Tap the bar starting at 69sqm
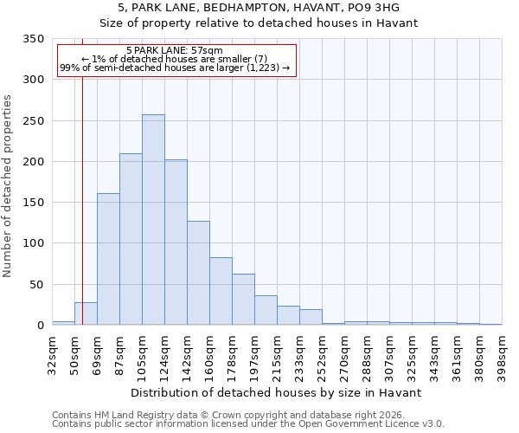coord(108,259)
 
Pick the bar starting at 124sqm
coord(176,242)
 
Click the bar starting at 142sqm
coord(198,273)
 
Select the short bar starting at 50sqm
coord(86,313)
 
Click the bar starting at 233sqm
coord(311,317)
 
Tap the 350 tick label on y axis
coord(33,39)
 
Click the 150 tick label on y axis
coord(33,203)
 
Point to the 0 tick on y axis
coord(40,326)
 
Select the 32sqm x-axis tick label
coord(52,353)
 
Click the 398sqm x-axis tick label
coord(502,353)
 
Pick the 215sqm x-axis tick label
coord(277,353)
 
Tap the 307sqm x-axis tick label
coord(389,353)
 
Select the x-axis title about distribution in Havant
coord(277,392)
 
